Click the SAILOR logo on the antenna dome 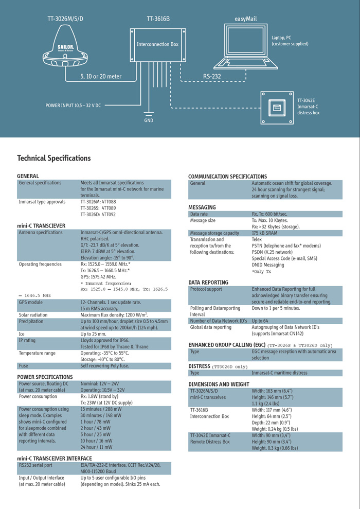65,47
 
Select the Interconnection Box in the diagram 157,45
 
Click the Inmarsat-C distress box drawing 277,108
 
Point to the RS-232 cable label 212,76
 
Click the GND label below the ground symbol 148,120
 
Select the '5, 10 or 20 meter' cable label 101,76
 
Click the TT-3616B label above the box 158,19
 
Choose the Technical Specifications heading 54,158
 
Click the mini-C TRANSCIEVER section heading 41,225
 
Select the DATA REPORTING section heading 208,283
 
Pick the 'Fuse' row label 24,366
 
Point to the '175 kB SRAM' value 265,233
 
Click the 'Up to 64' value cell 260,321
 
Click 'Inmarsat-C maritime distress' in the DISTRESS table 279,373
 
